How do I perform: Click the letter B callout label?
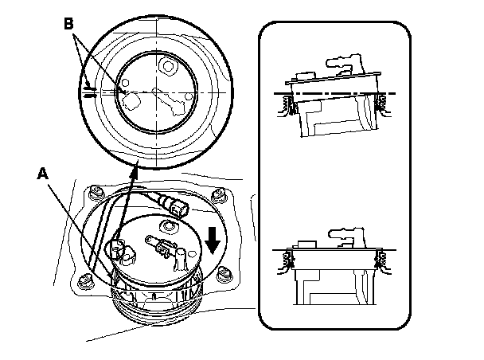(x=69, y=24)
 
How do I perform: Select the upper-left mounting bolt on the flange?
(x=97, y=192)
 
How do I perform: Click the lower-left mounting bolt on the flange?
(x=82, y=278)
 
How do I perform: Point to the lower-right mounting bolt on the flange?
(x=224, y=275)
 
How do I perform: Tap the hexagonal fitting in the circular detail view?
(x=169, y=64)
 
